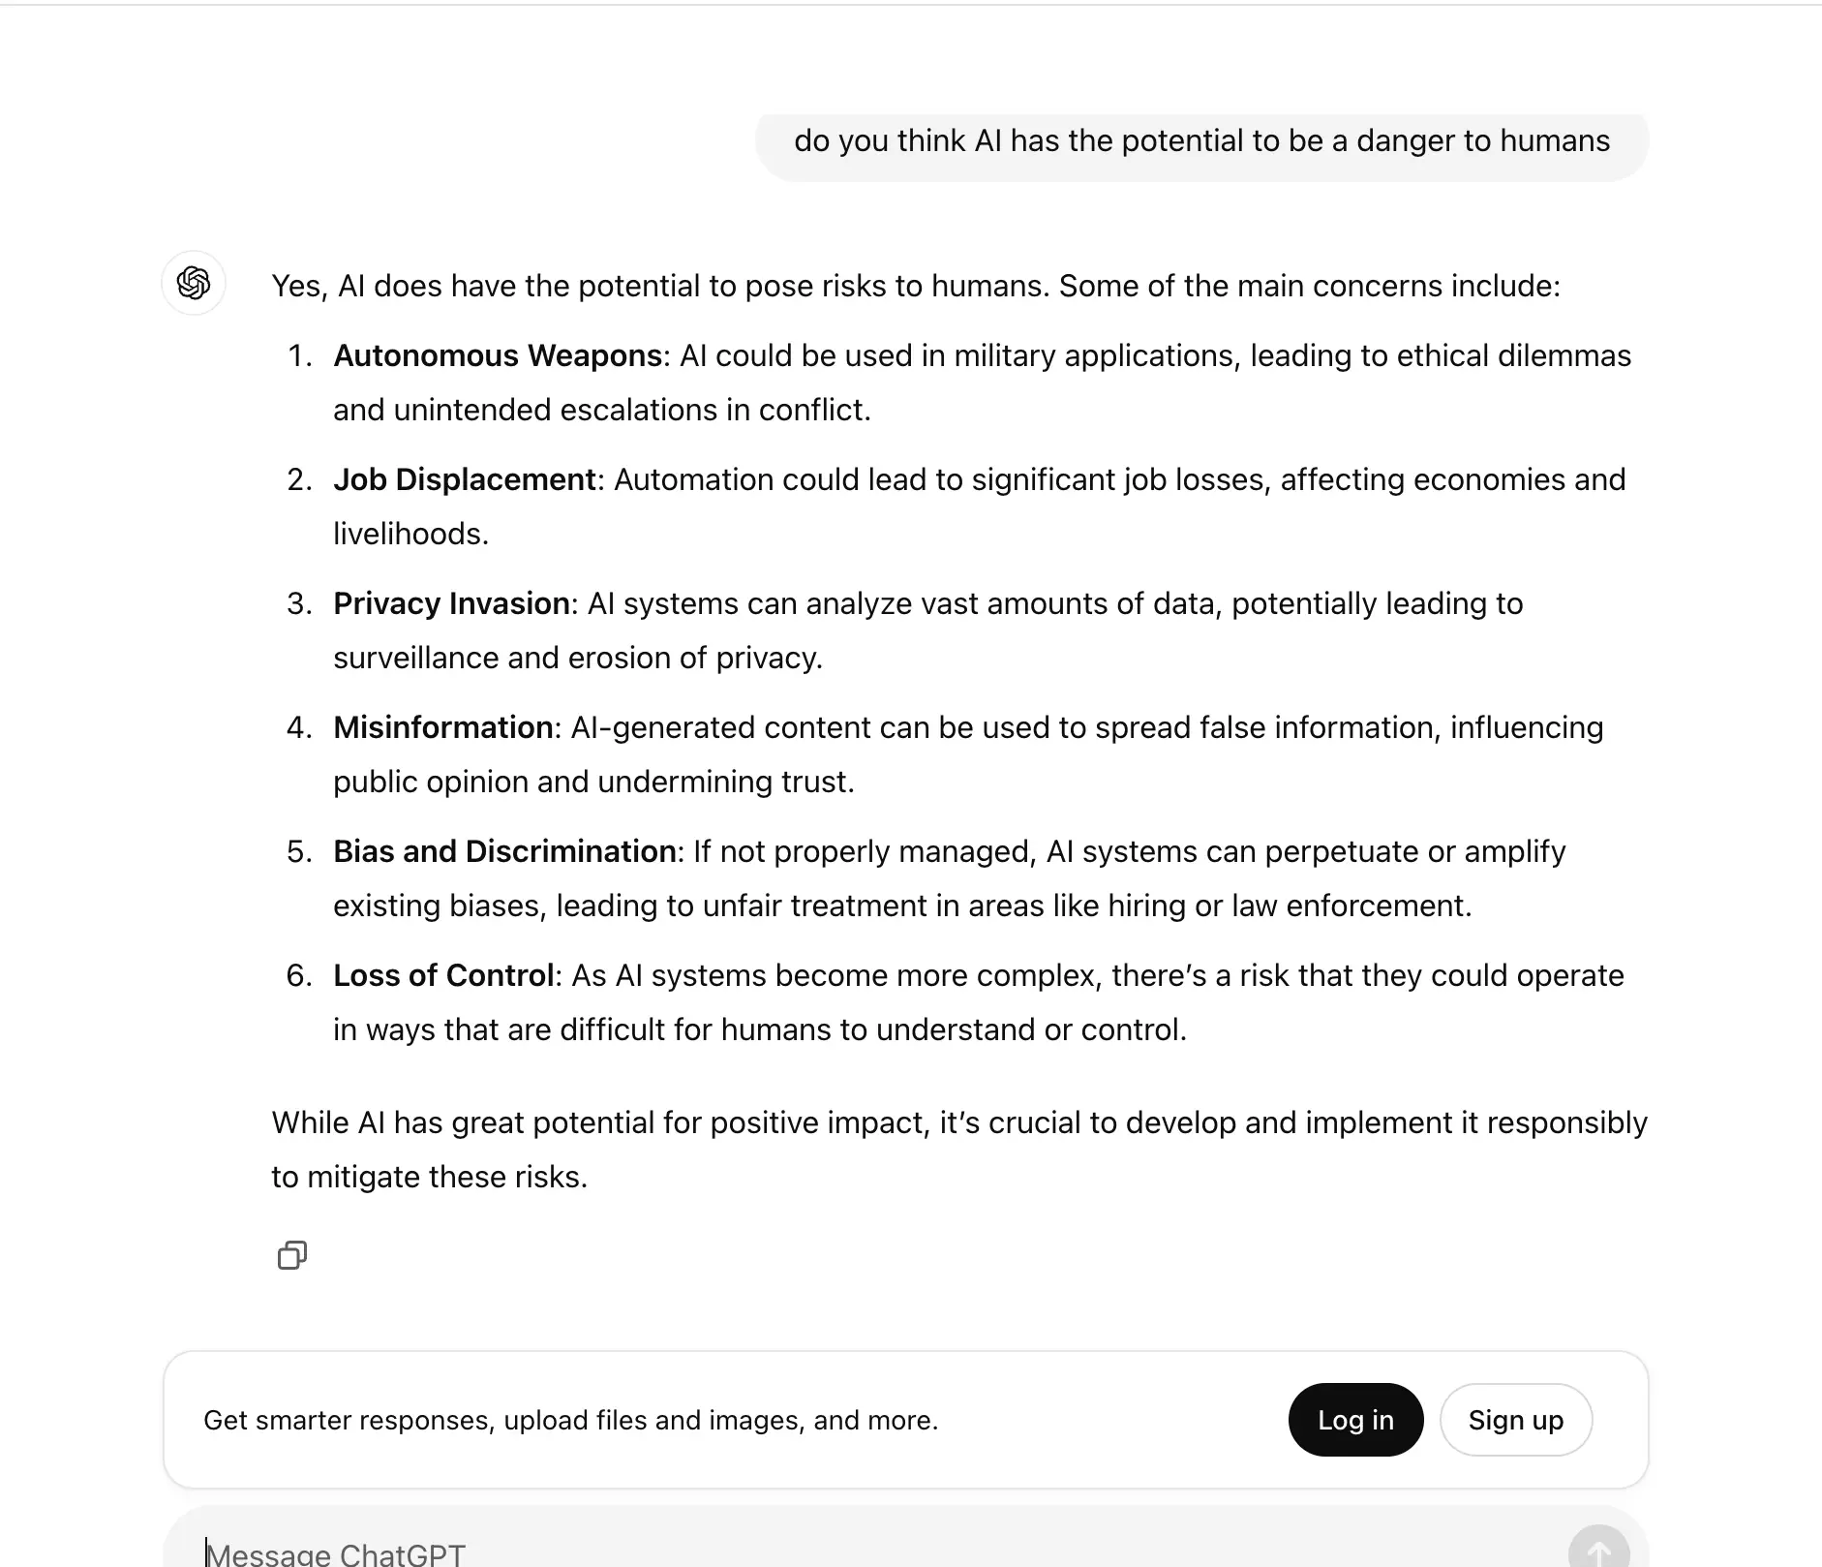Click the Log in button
(1355, 1420)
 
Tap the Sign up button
(1515, 1420)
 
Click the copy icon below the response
(292, 1255)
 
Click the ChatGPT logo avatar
(194, 283)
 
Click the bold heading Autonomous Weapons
(497, 355)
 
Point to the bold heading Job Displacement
(464, 479)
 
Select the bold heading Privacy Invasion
(451, 603)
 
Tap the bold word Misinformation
(442, 727)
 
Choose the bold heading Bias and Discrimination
(504, 851)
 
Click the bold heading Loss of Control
(442, 975)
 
